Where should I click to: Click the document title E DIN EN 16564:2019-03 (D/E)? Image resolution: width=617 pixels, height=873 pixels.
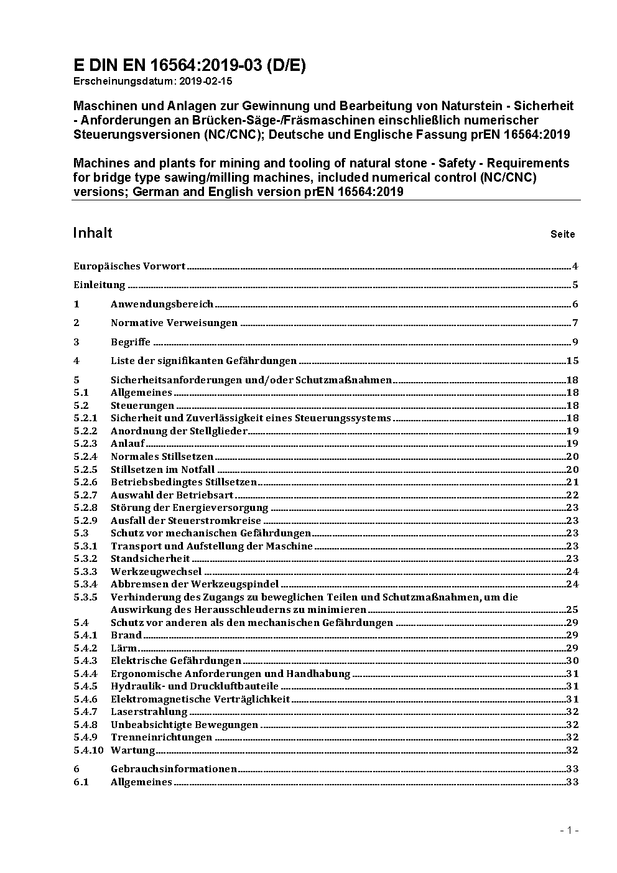190,66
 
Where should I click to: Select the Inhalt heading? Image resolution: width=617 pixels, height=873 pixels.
93,233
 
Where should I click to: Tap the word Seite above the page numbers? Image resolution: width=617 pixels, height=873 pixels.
562,235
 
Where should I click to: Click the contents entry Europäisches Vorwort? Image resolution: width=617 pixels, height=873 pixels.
129,266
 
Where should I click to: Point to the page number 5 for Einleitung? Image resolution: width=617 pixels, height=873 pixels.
575,285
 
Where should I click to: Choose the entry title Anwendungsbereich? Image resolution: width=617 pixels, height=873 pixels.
162,304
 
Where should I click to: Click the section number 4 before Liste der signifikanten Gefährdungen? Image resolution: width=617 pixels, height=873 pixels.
77,360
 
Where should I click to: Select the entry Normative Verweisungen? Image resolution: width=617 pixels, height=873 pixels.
174,323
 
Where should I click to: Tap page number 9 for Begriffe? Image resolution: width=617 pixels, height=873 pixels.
575,342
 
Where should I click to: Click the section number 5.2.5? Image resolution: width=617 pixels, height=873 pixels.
85,469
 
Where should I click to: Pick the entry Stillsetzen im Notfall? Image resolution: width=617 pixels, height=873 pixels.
162,469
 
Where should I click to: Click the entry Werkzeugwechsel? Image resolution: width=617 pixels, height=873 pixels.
156,571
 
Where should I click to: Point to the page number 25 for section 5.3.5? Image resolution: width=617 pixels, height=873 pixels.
572,609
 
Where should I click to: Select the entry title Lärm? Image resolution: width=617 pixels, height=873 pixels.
124,648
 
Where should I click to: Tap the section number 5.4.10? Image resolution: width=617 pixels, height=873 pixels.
88,750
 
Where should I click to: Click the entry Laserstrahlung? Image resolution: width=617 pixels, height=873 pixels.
149,711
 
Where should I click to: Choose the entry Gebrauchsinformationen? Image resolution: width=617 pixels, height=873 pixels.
174,769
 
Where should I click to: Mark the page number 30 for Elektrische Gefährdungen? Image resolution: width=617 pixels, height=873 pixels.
572,660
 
